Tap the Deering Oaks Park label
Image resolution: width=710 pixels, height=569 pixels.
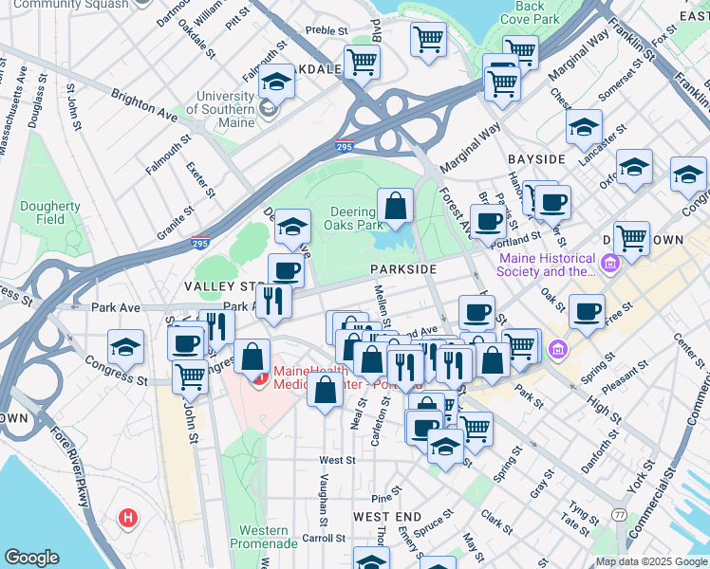(356, 218)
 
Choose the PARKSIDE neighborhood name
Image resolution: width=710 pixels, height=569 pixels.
(403, 269)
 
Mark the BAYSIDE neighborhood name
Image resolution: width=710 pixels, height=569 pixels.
(536, 158)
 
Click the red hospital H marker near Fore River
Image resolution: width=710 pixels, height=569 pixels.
(127, 519)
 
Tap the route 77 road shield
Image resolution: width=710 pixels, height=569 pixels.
(619, 514)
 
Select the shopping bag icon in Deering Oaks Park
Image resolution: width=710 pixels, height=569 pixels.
(395, 205)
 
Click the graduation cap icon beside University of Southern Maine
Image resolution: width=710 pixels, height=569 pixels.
(276, 83)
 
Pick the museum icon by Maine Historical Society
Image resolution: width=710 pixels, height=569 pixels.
(608, 261)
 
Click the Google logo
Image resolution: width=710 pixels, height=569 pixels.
(31, 558)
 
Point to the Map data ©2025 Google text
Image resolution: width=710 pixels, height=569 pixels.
(651, 561)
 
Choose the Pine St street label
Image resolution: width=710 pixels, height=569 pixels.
(382, 497)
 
